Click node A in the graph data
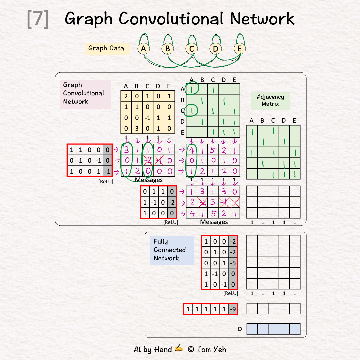(143, 49)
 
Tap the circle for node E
(239, 49)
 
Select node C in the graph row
(191, 49)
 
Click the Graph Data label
(106, 48)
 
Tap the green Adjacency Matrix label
(270, 100)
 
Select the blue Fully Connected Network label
(170, 250)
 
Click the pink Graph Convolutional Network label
(83, 93)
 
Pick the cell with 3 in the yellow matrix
(137, 129)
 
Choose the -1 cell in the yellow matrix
(147, 118)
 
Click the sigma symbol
(240, 329)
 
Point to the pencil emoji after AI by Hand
(179, 349)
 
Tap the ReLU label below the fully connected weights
(231, 293)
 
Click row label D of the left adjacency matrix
(182, 121)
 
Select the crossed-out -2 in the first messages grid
(148, 161)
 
